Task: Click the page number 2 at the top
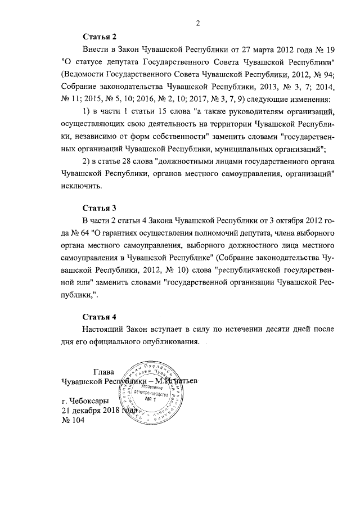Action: (198, 23)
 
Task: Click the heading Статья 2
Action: (99, 37)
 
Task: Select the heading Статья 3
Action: (99, 207)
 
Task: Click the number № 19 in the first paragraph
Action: (327, 49)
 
